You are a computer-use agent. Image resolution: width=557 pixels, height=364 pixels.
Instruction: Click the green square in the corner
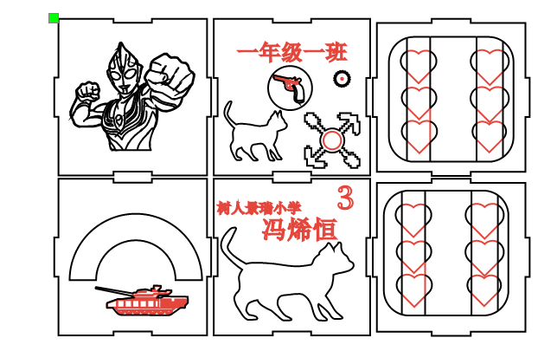tap(54, 18)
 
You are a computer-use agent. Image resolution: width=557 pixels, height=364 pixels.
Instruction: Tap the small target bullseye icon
tap(343, 79)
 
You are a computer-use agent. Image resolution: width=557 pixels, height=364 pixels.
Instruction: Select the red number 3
tap(345, 198)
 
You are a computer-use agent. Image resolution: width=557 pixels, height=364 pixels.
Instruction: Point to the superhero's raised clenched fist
tap(171, 72)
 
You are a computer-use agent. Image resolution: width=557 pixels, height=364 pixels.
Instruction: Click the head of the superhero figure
tap(124, 69)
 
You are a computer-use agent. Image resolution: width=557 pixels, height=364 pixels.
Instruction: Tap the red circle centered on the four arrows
tap(332, 140)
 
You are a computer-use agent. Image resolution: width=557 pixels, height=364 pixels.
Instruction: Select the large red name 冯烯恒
tap(298, 229)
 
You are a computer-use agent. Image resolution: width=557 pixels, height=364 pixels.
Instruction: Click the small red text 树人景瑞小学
tap(259, 208)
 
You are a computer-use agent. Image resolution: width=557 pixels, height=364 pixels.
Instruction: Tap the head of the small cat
tap(277, 120)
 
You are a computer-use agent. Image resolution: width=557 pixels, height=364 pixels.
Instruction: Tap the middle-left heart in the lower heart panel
tap(414, 254)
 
